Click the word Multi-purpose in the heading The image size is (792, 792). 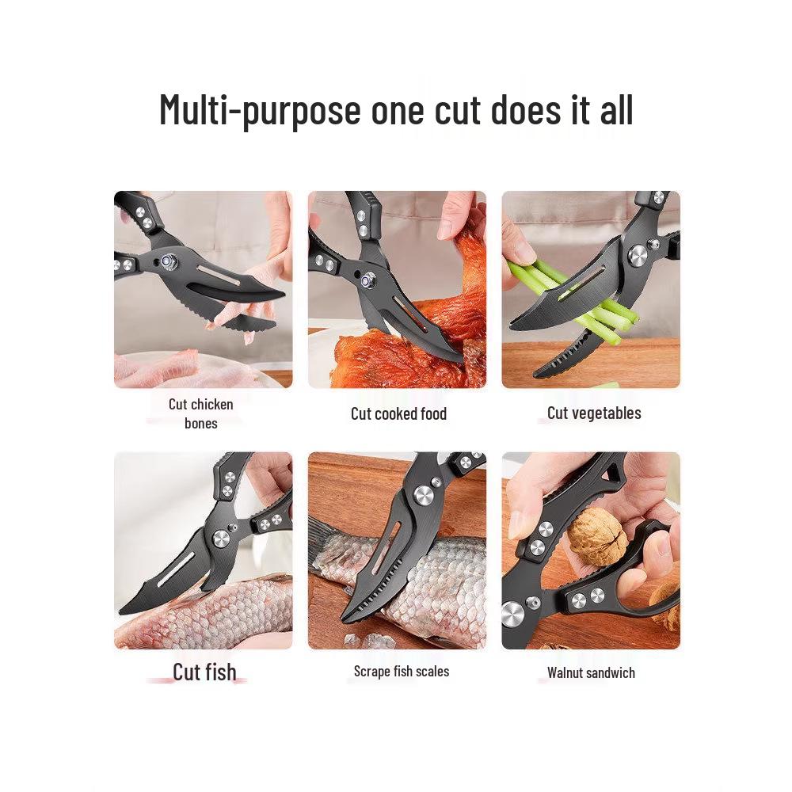click(260, 111)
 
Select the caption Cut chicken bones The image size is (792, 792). click(201, 413)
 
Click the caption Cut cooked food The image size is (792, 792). click(398, 413)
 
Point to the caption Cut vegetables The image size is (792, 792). click(594, 413)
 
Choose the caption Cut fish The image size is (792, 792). click(204, 672)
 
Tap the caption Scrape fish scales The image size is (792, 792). click(402, 672)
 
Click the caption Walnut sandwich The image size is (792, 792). click(591, 672)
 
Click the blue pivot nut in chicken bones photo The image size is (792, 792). click(166, 261)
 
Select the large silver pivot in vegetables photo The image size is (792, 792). click(638, 256)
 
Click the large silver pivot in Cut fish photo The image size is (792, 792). click(221, 539)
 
